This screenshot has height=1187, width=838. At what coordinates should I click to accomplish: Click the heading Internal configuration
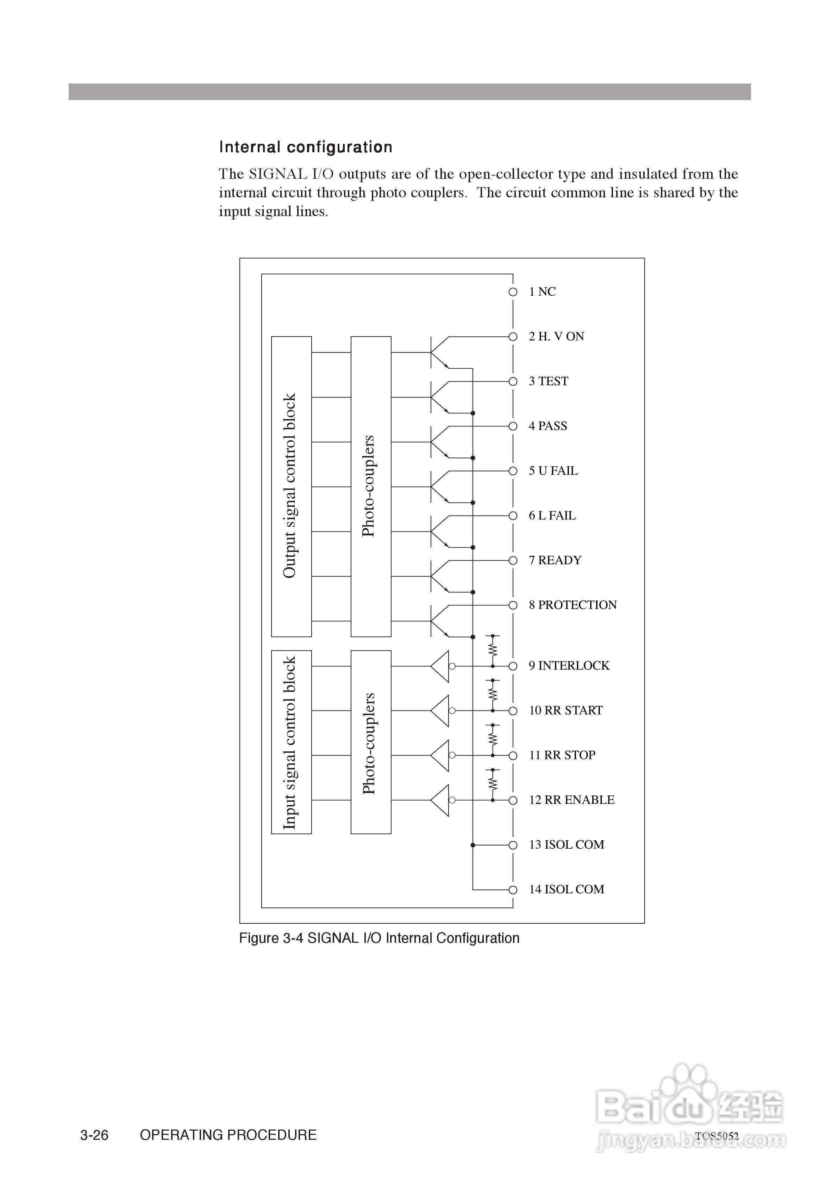[305, 147]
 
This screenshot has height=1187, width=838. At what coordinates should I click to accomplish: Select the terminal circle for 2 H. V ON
[513, 337]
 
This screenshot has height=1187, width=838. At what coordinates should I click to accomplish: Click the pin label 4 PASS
[548, 426]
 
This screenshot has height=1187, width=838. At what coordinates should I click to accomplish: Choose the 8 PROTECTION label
[573, 605]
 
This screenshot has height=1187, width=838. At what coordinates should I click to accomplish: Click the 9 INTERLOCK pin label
[569, 666]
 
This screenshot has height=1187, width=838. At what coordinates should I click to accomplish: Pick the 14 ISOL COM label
[566, 890]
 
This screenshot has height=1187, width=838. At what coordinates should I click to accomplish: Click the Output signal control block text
[290, 486]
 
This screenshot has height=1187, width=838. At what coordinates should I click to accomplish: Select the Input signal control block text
[290, 742]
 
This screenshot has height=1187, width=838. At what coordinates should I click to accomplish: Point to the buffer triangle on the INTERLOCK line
[440, 666]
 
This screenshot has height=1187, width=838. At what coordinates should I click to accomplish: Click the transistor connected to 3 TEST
[439, 397]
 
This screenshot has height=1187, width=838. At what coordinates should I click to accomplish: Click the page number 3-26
[94, 1135]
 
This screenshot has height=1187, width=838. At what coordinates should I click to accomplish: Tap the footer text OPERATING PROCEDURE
[228, 1135]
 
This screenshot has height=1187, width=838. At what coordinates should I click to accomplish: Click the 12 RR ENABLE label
[571, 800]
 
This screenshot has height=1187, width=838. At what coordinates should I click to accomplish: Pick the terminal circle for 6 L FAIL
[513, 516]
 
